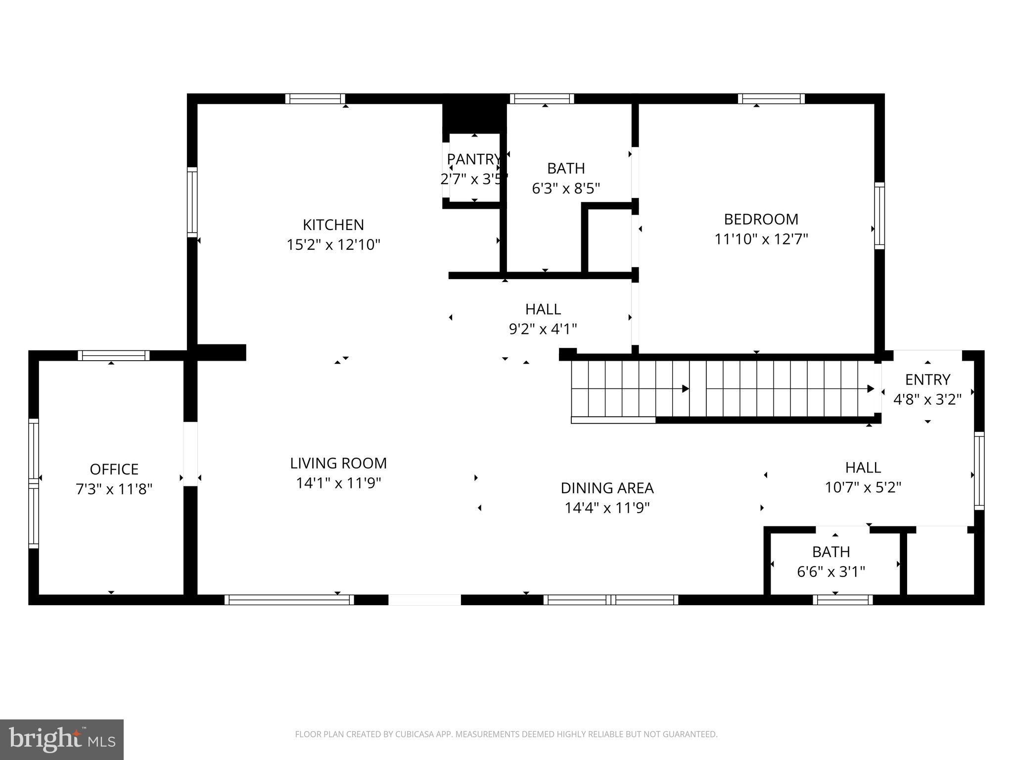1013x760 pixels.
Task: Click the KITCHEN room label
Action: [x=333, y=225]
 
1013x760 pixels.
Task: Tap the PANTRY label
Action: [x=474, y=159]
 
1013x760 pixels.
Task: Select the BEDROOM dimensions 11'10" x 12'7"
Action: [x=761, y=239]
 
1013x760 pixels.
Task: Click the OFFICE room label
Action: [x=114, y=469]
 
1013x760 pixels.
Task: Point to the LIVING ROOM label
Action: [x=338, y=463]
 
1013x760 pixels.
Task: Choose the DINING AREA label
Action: [x=607, y=488]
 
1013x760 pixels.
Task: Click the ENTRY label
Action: [x=927, y=380]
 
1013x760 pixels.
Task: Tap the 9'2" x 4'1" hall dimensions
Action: [x=543, y=329]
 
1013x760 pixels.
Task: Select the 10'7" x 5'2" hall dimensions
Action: [x=863, y=487]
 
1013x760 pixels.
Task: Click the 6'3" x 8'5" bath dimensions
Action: [x=566, y=189]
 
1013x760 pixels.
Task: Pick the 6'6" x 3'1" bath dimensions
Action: [x=831, y=572]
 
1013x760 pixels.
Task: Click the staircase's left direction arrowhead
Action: [x=686, y=389]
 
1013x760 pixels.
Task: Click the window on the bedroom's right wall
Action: [x=879, y=216]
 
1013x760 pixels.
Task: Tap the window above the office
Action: [x=114, y=355]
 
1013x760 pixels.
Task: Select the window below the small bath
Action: [x=842, y=600]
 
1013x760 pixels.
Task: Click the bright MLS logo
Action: [x=61, y=739]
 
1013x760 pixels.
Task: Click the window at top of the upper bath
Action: [x=542, y=98]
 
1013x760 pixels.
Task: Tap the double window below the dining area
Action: [x=611, y=600]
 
